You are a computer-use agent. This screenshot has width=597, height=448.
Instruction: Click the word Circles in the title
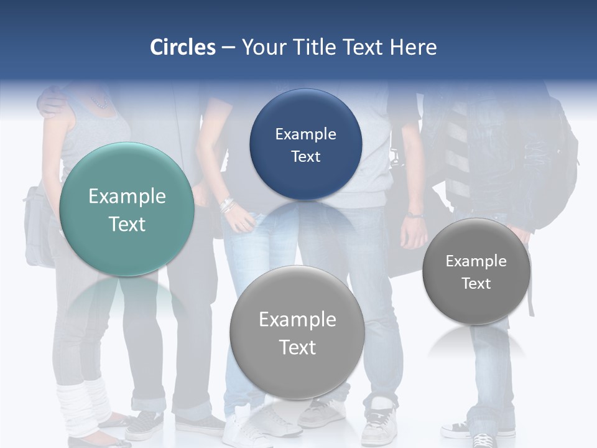pos(183,47)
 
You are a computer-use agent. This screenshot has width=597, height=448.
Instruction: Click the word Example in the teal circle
pos(127,197)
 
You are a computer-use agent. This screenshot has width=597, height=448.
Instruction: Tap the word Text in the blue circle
pos(305,157)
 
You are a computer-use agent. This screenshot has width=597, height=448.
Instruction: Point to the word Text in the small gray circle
pos(476,284)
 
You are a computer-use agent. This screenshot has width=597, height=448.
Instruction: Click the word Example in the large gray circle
pos(297,320)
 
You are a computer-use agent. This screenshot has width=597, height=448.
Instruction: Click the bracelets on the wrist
pos(227,205)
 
